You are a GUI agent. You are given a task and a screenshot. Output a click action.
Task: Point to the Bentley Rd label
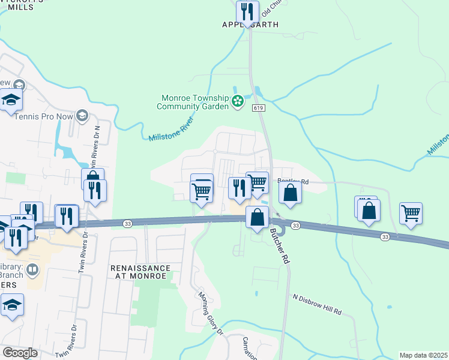coord(293,181)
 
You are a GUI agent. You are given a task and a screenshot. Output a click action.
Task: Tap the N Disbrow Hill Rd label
coord(317,304)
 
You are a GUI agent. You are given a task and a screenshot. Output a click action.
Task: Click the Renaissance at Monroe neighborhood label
coord(140,272)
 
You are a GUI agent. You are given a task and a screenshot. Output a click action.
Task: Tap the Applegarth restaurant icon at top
coord(247,11)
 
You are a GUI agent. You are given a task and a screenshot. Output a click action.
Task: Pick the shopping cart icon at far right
coord(411,212)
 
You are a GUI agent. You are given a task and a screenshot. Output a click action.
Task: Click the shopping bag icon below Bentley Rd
coord(291,193)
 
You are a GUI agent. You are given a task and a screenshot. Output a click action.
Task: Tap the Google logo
coord(20,353)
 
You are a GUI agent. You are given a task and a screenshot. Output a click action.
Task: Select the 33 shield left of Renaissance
coord(127,223)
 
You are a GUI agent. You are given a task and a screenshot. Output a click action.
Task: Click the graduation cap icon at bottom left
coord(12,305)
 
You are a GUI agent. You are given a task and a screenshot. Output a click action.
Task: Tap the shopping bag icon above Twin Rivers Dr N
coord(93,178)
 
